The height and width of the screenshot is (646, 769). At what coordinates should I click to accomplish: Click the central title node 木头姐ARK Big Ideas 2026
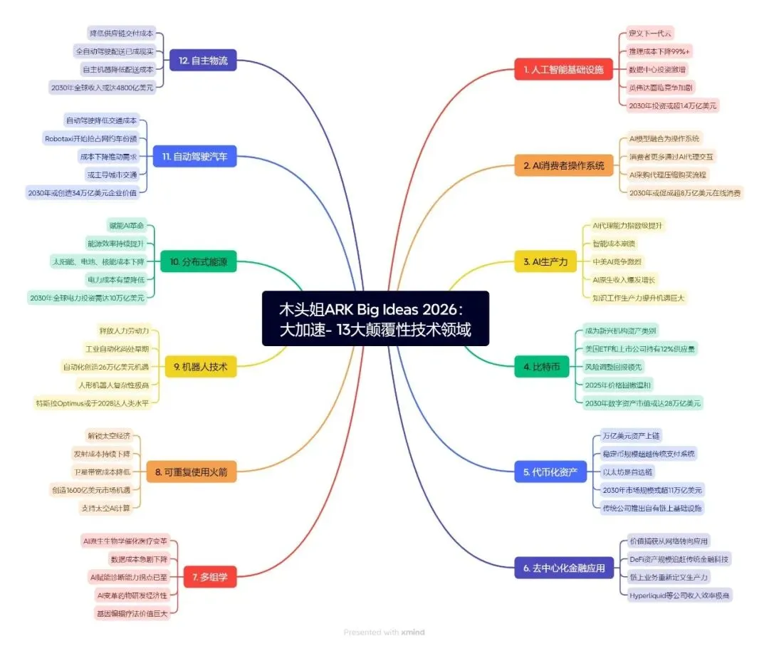coord(375,318)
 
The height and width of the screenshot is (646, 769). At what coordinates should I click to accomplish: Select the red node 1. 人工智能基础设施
coord(563,70)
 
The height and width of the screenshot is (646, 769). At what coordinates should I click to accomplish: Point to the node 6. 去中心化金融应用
coord(563,568)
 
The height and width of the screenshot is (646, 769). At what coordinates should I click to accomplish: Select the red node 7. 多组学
coord(209,576)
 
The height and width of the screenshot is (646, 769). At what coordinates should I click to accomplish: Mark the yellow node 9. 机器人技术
coord(200,367)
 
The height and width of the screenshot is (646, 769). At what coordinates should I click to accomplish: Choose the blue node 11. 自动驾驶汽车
coord(194,157)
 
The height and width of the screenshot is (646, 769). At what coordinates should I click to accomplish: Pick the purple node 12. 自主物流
coord(203,61)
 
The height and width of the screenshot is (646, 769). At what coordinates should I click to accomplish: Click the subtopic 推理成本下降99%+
coord(659,51)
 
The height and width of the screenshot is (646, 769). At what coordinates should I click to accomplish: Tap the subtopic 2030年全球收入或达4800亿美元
coord(101,87)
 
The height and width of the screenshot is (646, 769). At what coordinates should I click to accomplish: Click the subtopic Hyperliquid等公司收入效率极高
coord(679,595)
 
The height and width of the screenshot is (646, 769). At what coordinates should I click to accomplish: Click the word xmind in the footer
coord(413,632)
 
